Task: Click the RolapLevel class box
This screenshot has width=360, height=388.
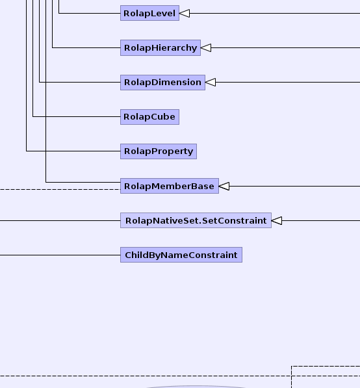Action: [149, 13]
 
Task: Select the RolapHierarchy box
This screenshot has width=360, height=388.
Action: [161, 47]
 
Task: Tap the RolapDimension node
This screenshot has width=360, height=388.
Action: [162, 83]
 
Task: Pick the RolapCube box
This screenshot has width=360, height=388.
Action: [149, 117]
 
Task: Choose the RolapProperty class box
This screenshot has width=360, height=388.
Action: [159, 151]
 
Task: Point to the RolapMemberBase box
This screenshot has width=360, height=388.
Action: [170, 186]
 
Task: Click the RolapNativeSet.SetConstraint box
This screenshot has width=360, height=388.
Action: [196, 220]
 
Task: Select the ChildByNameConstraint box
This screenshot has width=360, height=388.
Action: [181, 255]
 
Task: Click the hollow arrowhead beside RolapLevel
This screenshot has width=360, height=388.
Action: [185, 14]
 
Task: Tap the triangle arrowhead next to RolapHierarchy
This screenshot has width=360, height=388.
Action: [206, 47]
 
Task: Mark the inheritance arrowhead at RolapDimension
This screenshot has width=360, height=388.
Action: [211, 82]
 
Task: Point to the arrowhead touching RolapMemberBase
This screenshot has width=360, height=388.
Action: [224, 186]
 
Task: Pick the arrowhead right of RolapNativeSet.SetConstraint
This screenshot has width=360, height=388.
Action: [277, 220]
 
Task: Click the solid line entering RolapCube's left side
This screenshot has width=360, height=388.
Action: [77, 116]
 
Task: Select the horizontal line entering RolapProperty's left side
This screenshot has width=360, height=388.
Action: [73, 151]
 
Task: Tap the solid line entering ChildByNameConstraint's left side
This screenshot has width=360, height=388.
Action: [60, 255]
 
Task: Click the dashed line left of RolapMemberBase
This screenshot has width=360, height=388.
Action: [60, 190]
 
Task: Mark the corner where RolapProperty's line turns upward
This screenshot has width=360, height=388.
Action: [27, 151]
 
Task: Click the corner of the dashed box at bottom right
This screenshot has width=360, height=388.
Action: [292, 366]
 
